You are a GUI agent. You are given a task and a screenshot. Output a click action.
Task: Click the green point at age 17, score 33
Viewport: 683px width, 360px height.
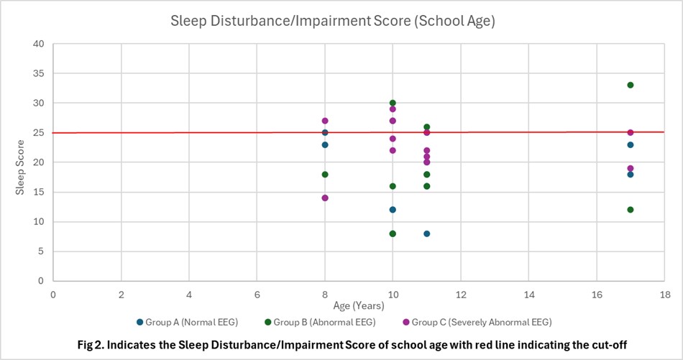click(x=630, y=86)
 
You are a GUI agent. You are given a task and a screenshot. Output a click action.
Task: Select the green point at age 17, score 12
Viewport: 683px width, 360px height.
click(x=630, y=210)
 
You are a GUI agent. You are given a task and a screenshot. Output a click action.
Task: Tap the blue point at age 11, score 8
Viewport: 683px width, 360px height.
click(x=426, y=234)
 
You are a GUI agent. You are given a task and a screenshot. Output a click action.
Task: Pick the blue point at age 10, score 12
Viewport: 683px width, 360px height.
click(x=393, y=210)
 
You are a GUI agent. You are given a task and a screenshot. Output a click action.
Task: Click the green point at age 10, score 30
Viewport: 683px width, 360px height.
click(x=393, y=103)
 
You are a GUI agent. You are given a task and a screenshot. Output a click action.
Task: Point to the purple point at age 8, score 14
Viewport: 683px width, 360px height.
click(x=325, y=198)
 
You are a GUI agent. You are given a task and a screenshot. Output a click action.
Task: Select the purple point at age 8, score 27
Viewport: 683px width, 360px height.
click(x=325, y=121)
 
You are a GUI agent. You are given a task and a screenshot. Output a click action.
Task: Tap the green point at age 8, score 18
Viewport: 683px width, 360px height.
click(x=325, y=174)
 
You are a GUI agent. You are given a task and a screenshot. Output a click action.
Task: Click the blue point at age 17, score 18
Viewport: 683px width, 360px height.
click(x=630, y=174)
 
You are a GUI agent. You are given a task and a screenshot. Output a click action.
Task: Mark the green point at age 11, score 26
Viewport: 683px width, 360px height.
click(x=426, y=127)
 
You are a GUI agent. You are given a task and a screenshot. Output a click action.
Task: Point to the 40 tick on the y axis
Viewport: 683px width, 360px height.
click(x=39, y=44)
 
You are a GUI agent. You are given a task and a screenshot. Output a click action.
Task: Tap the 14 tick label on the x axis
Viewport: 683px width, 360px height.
click(x=529, y=295)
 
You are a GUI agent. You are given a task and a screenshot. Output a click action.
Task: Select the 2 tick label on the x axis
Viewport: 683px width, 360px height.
click(x=121, y=295)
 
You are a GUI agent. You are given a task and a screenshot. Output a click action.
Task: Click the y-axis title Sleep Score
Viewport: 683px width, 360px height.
click(x=22, y=162)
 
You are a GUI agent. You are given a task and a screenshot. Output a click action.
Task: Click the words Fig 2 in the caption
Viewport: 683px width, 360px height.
click(x=91, y=345)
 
